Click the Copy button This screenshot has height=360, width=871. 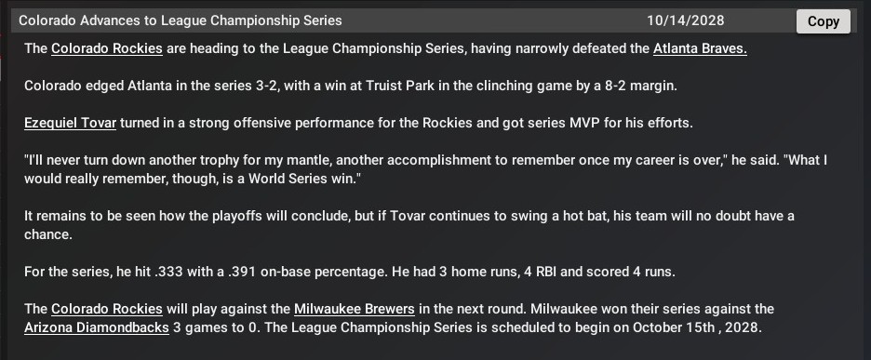pos(824,21)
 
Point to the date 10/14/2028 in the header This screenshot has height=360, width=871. pos(686,21)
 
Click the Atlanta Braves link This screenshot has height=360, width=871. pos(700,49)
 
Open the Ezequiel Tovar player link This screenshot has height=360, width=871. pos(70,123)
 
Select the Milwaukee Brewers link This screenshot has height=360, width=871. pos(355,309)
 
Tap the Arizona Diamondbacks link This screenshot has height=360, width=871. pos(97,327)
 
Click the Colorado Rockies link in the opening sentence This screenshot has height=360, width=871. pos(107,49)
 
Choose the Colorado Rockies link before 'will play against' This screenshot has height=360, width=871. pos(107,309)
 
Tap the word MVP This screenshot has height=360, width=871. pos(583,123)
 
